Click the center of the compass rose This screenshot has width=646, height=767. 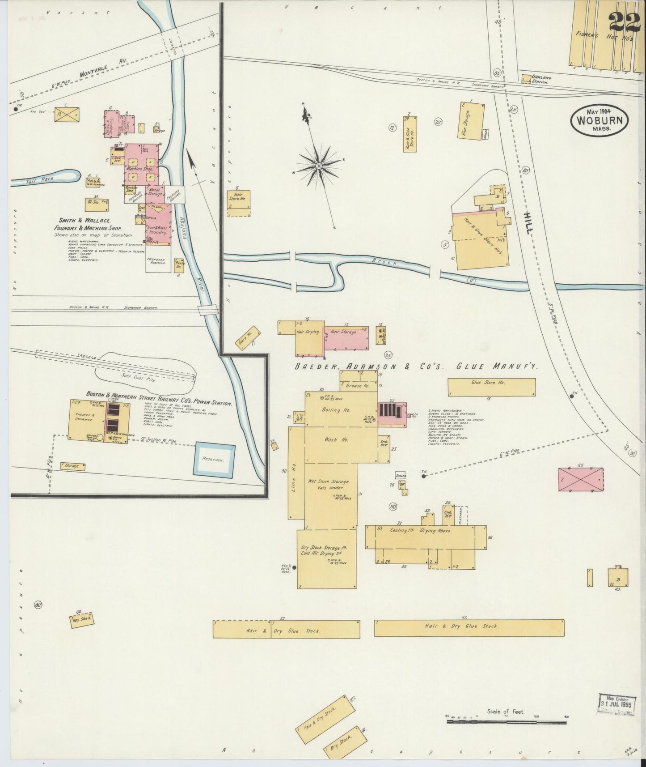pos(319,166)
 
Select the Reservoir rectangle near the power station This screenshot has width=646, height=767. pos(214,459)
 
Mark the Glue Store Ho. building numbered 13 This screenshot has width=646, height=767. pos(491,387)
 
